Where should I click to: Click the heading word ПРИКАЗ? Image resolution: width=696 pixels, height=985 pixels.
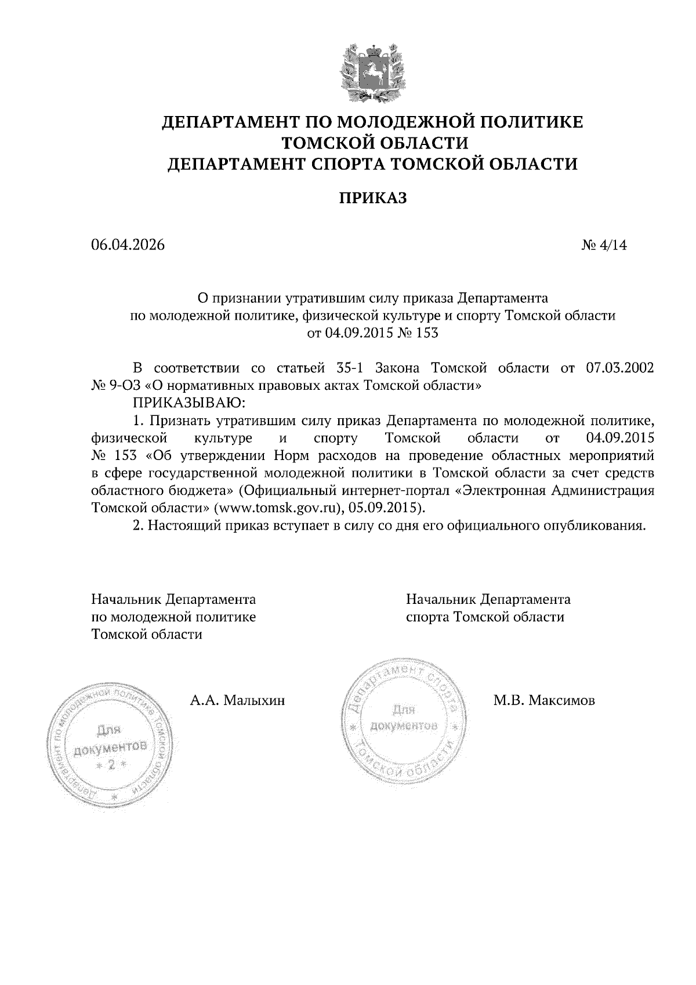click(x=373, y=198)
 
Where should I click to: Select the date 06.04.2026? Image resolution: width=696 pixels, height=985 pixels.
click(x=128, y=245)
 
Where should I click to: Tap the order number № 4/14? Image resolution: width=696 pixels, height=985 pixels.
click(x=604, y=245)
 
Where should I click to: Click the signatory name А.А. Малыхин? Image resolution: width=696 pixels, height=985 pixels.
click(x=238, y=701)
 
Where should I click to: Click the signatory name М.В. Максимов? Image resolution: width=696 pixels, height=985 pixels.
click(x=544, y=701)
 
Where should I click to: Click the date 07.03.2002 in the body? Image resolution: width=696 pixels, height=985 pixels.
click(x=617, y=368)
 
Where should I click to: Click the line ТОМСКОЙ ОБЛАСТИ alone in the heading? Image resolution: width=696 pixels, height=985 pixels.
click(x=373, y=143)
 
